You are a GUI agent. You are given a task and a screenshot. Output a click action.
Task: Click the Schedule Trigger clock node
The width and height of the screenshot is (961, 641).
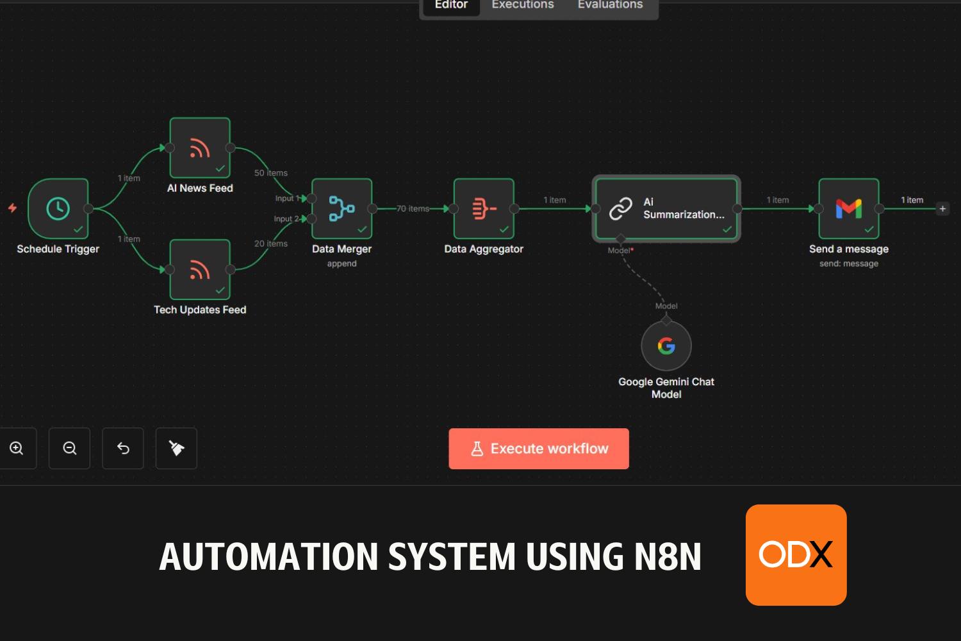(58, 208)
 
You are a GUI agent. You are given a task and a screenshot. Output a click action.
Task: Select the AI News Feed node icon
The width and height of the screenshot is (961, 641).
(200, 148)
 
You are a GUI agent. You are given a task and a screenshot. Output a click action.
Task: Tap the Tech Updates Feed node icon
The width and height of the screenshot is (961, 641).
(200, 270)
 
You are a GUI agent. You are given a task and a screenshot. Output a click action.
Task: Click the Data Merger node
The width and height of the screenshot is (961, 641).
(342, 208)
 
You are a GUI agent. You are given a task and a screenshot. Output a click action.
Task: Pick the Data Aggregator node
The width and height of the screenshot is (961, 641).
(484, 208)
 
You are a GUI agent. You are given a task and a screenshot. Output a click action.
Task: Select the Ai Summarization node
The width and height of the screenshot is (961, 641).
(666, 208)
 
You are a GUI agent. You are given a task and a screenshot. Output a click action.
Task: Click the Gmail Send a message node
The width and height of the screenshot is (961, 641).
(849, 208)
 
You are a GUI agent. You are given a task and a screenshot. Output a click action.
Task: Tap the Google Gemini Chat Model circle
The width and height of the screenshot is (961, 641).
(666, 346)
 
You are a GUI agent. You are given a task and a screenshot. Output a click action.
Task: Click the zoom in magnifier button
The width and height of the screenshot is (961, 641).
(17, 448)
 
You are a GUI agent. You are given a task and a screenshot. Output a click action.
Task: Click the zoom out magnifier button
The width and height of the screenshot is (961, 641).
(70, 448)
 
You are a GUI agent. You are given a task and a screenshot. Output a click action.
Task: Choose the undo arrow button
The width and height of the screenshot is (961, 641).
(123, 448)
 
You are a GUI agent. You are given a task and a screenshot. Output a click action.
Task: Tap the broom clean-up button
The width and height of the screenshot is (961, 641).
(176, 448)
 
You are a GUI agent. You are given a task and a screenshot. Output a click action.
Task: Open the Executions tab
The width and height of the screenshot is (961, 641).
(523, 5)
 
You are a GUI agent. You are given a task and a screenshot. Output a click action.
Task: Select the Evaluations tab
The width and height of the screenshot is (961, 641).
(610, 5)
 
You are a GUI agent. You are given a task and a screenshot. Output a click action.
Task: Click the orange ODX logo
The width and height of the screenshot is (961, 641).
(796, 554)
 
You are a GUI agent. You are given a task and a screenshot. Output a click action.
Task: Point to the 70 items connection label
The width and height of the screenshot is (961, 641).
(413, 208)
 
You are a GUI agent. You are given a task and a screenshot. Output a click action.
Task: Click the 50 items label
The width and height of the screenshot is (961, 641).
(271, 173)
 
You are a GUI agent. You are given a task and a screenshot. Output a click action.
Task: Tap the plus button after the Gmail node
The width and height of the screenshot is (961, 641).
(942, 208)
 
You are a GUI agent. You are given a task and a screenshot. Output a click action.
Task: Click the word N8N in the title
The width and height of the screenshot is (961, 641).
(668, 556)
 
